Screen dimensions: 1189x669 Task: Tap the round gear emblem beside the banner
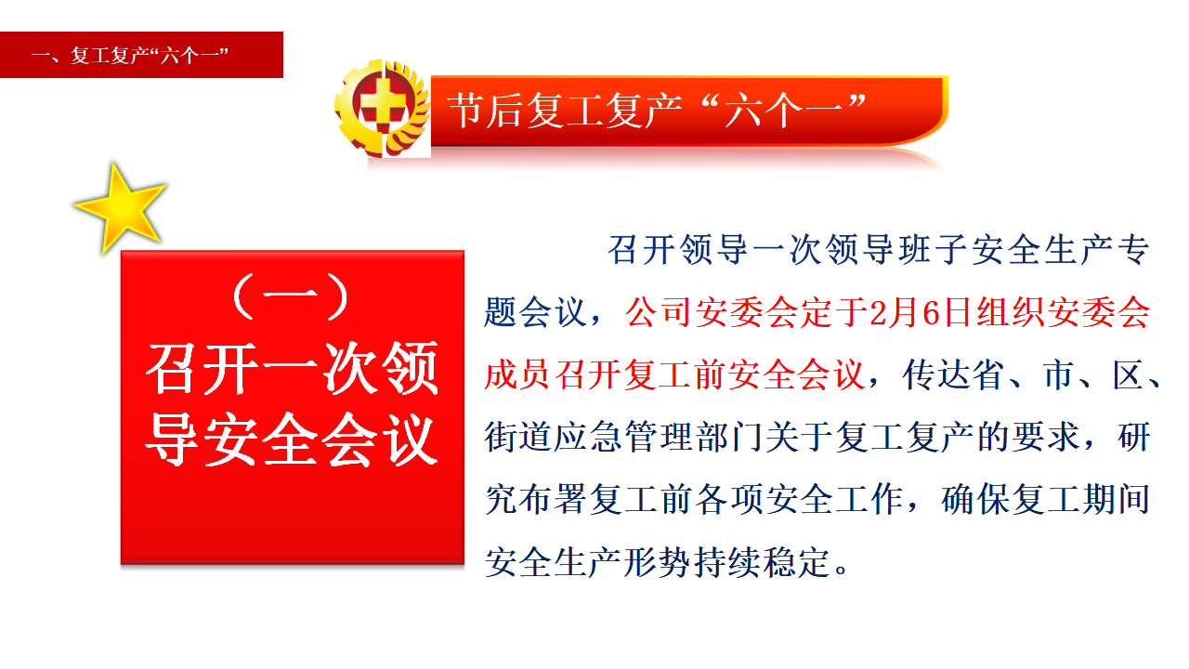tap(382, 109)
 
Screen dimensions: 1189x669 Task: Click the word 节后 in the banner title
tap(485, 110)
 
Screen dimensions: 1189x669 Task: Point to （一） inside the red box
tap(291, 296)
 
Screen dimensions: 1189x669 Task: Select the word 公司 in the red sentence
tap(660, 312)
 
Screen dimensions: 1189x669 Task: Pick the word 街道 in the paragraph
tap(518, 437)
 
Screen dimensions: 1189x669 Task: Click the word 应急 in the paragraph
tap(588, 437)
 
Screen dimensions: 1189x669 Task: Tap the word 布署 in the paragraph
tap(553, 500)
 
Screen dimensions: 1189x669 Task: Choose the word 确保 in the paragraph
tap(975, 500)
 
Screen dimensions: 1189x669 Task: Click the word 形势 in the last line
tap(659, 562)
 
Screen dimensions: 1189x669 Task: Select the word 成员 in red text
tap(518, 374)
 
